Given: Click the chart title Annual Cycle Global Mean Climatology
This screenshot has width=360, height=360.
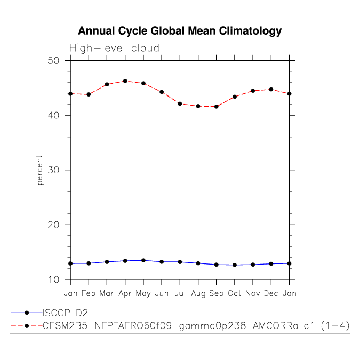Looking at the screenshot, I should [180, 31].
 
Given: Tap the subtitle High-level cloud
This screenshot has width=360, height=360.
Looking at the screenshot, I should [114, 49].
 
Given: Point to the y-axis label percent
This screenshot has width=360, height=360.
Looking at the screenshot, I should [40, 170].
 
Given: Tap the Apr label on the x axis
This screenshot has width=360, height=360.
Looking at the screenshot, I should [125, 293].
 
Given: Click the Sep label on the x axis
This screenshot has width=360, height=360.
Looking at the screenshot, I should [216, 293].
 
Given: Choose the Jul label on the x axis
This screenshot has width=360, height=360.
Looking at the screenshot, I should [180, 293].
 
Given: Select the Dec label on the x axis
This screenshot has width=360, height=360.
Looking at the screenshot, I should [271, 293].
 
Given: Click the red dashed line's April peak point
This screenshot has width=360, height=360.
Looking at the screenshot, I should [125, 81].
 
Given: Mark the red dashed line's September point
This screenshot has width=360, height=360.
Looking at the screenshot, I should [216, 107].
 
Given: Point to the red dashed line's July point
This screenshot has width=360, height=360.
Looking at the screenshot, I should [180, 103].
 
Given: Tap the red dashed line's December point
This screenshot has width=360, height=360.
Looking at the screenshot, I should [271, 89].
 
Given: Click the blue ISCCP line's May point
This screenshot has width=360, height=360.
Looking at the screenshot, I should [143, 260].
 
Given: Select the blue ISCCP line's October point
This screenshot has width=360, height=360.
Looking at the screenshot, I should [235, 265].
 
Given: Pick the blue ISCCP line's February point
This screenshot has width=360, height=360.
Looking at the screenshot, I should [89, 263].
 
